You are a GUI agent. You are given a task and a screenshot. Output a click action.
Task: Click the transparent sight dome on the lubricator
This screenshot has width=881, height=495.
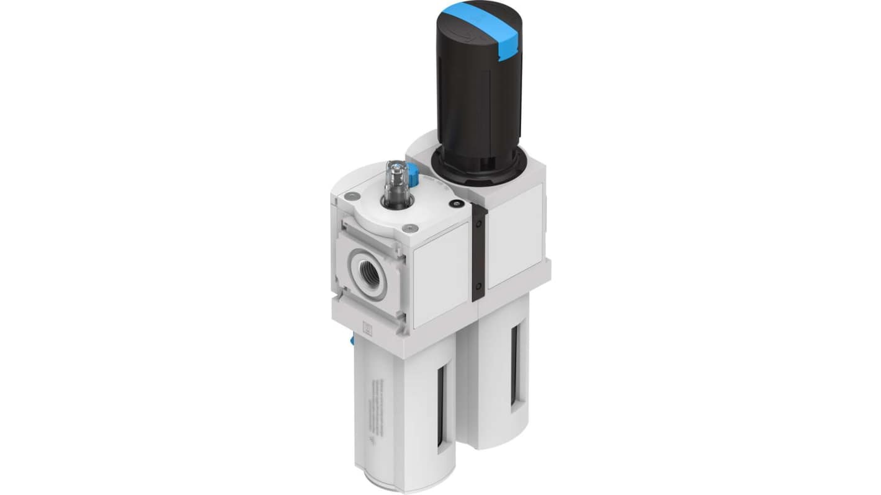point(395,183)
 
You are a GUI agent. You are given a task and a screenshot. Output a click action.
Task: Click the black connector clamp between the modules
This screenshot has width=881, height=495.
point(479,251)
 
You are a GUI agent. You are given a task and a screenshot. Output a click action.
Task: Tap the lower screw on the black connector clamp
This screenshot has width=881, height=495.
point(478,287)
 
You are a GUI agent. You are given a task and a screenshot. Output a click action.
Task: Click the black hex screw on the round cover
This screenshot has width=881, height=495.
point(457,205)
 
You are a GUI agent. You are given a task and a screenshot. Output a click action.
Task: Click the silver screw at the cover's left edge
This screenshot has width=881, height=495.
point(352,196)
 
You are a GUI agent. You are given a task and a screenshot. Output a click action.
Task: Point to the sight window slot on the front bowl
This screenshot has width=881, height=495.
point(440,406)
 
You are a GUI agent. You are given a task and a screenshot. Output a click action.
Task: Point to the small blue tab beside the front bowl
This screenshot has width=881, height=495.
point(352,340)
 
